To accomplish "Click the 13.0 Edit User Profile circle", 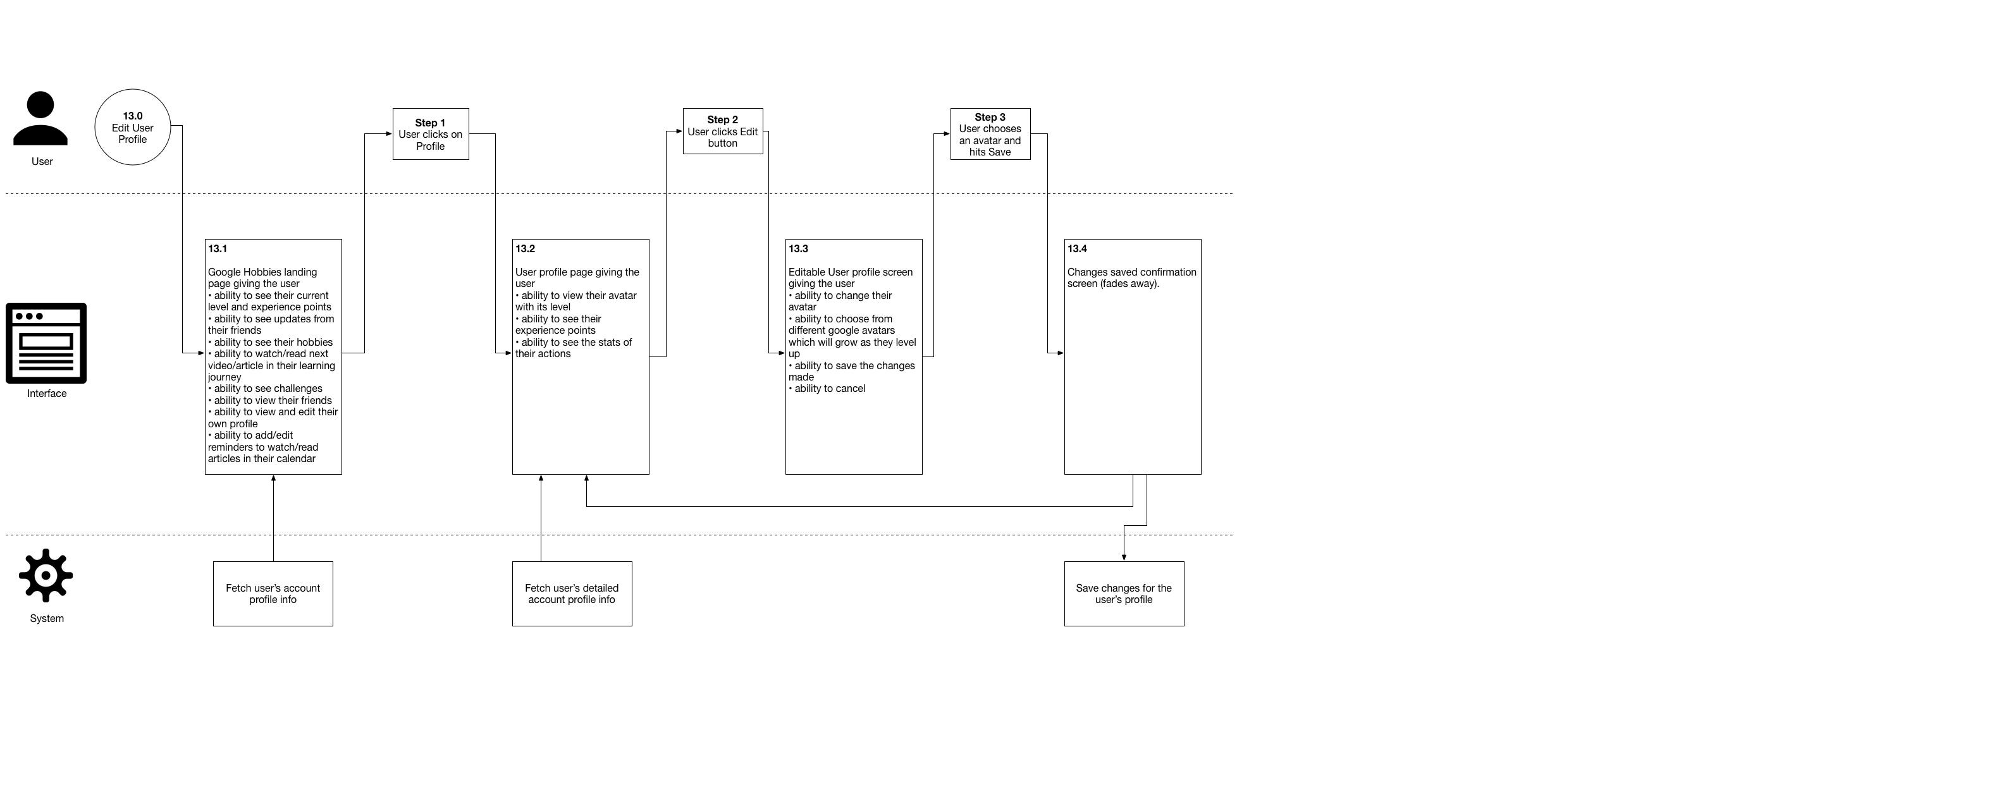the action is (x=132, y=127).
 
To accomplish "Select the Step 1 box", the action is (x=431, y=134).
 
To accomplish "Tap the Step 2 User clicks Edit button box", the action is (x=723, y=131).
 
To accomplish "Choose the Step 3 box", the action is (x=990, y=134).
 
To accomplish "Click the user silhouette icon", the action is (x=40, y=118).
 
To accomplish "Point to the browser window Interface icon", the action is (x=46, y=343).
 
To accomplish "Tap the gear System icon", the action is (x=46, y=576).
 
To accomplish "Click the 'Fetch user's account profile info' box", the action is (x=273, y=594).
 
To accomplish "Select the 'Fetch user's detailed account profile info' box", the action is (x=572, y=594).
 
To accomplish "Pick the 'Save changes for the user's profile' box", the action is (x=1124, y=594).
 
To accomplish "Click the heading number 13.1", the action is (x=218, y=249).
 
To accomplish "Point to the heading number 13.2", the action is (x=525, y=249).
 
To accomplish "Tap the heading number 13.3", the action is (x=798, y=249).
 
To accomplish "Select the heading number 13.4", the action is (x=1077, y=249).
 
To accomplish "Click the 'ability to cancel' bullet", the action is (x=827, y=388).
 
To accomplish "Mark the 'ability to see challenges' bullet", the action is (x=266, y=388).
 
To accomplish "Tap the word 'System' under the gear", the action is (x=47, y=619).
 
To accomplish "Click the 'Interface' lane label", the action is (x=47, y=394).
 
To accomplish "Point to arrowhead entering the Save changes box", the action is (x=1124, y=557).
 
